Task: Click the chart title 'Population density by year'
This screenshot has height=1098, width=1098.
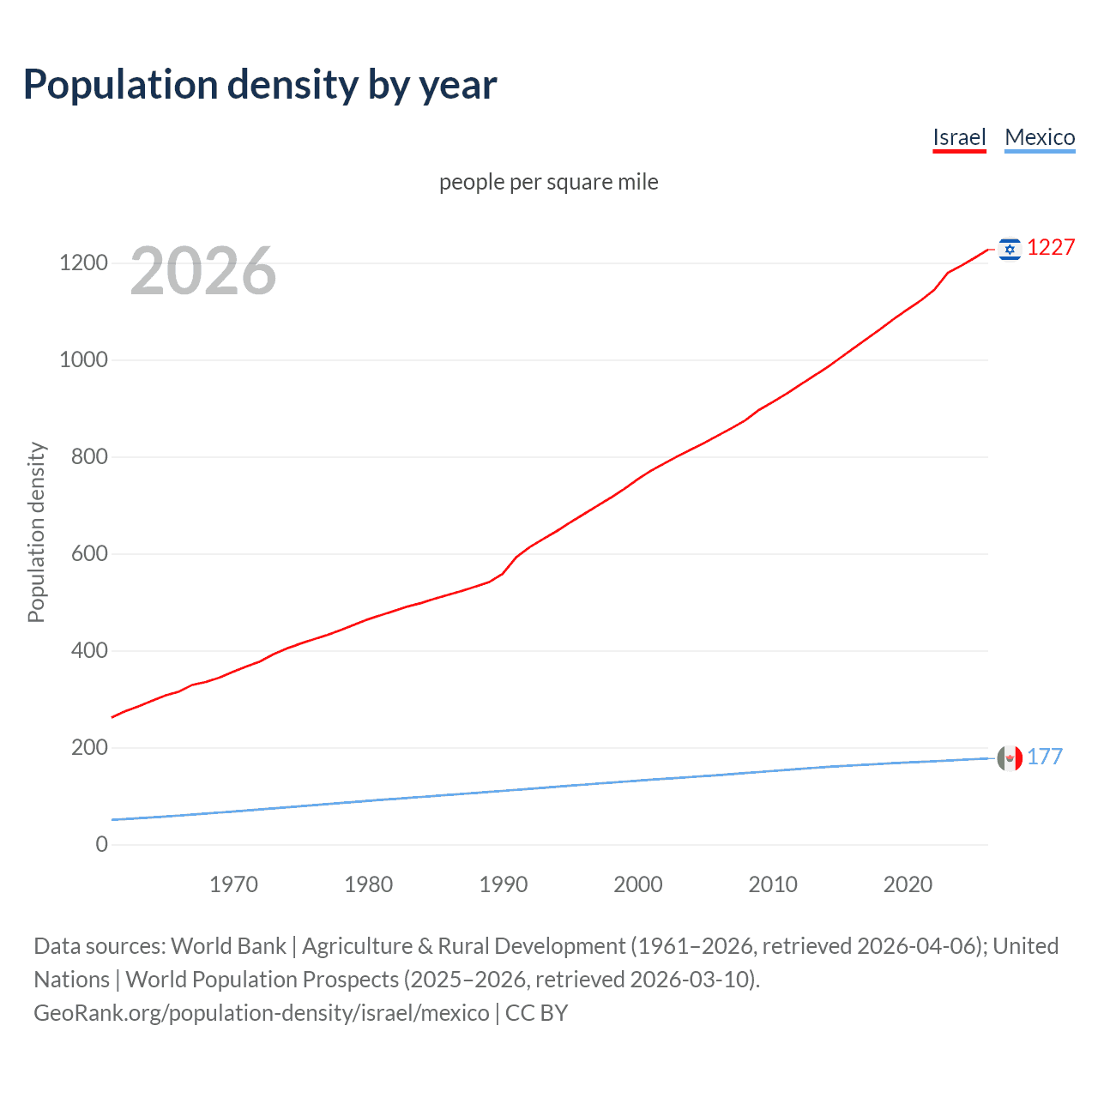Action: (x=260, y=85)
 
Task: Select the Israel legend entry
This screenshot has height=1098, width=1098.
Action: (x=959, y=137)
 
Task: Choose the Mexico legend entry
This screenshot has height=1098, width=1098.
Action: (x=1040, y=137)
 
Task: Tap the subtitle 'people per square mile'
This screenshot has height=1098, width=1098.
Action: (x=548, y=182)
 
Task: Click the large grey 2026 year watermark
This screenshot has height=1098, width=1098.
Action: (x=203, y=271)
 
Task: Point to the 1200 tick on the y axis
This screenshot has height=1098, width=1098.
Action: (x=83, y=262)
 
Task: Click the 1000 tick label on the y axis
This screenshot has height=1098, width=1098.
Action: (x=83, y=359)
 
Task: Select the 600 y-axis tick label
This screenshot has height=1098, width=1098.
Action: (x=89, y=553)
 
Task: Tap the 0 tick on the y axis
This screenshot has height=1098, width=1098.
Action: (x=102, y=844)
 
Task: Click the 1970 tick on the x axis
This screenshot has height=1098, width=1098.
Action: (x=233, y=884)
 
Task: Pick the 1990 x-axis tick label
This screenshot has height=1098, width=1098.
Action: (x=504, y=884)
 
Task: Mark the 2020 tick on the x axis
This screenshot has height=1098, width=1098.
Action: (x=908, y=884)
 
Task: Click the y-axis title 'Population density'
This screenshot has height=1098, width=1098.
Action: (x=36, y=532)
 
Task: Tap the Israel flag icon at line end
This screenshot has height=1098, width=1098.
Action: (x=1010, y=249)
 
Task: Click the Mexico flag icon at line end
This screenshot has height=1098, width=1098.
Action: (x=1010, y=758)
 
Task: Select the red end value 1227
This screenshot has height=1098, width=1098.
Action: (x=1051, y=248)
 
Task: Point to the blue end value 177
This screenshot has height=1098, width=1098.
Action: (x=1045, y=757)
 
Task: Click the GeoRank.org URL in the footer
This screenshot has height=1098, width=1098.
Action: (x=262, y=1012)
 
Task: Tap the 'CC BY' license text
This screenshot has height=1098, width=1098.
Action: (x=537, y=1012)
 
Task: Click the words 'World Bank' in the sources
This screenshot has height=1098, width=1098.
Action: (x=228, y=945)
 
